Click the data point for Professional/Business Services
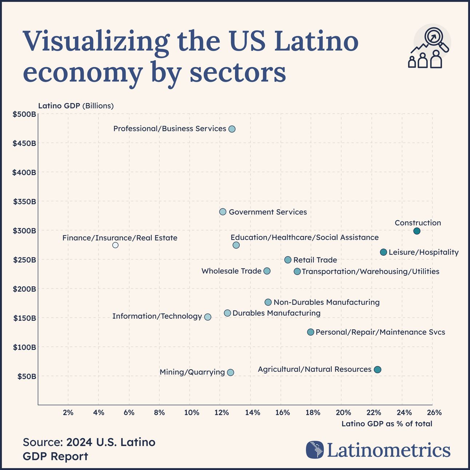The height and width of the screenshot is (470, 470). pyautogui.click(x=232, y=129)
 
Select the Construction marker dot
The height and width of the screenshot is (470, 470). pyautogui.click(x=417, y=231)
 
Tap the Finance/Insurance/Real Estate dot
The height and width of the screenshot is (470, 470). pyautogui.click(x=115, y=245)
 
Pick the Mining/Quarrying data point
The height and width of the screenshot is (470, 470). pyautogui.click(x=230, y=372)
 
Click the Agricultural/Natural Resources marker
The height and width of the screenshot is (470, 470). pyautogui.click(x=378, y=370)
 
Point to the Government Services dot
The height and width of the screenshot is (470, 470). pyautogui.click(x=223, y=212)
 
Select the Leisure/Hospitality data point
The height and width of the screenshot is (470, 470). pyautogui.click(x=383, y=252)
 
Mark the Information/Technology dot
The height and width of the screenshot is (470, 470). pyautogui.click(x=208, y=317)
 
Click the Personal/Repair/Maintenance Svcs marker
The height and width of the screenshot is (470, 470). pyautogui.click(x=310, y=332)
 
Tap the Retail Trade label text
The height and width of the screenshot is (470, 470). pyautogui.click(x=315, y=260)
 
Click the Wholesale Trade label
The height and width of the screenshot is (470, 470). pyautogui.click(x=231, y=271)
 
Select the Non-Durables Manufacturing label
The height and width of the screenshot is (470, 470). pyautogui.click(x=326, y=302)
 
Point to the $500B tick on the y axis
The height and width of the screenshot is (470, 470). pyautogui.click(x=24, y=114)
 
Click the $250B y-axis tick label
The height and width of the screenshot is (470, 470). pyautogui.click(x=24, y=260)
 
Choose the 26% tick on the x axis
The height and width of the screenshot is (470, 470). pyautogui.click(x=434, y=413)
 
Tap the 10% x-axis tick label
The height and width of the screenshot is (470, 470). pyautogui.click(x=191, y=413)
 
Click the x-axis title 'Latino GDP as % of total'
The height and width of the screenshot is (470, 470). pyautogui.click(x=387, y=424)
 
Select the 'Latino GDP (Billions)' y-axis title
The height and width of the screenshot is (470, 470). pyautogui.click(x=76, y=106)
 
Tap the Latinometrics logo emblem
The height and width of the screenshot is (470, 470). pyautogui.click(x=315, y=450)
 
